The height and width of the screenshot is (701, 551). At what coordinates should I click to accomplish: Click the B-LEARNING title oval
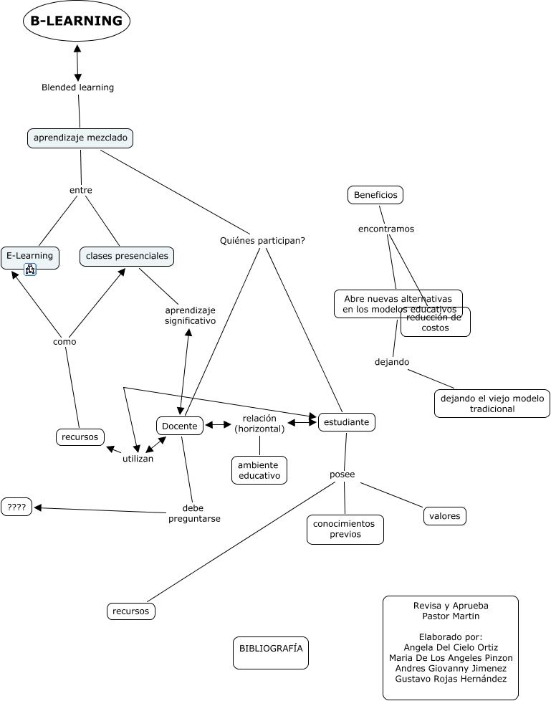coord(77,21)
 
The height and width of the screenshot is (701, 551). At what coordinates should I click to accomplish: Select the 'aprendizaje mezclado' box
coord(80,138)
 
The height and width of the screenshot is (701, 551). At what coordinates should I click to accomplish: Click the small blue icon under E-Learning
coord(30,269)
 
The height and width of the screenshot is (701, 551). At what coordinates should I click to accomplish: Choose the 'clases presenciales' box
coord(127,256)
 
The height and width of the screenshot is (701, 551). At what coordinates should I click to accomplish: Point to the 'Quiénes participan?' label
coord(262,241)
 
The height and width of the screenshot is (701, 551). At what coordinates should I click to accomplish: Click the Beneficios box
coord(375,195)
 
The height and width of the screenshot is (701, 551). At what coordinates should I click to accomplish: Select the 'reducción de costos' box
coord(435,323)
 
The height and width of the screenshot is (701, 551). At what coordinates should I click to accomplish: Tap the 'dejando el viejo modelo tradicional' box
coord(492,404)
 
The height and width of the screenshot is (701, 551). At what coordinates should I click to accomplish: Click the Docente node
coord(180,426)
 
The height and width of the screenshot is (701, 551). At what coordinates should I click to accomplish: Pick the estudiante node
coord(346,422)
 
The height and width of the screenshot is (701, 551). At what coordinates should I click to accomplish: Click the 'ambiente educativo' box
coord(259,470)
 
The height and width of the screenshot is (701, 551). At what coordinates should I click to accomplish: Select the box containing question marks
coord(16,507)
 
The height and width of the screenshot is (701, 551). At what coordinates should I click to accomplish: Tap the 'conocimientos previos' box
coord(345,529)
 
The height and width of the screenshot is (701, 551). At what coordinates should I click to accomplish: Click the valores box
coord(445,516)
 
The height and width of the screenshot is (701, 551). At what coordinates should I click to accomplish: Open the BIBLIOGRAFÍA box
coord(271,653)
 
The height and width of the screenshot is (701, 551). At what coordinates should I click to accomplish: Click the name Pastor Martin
coord(451,616)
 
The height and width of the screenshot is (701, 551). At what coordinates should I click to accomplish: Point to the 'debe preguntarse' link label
coord(194,513)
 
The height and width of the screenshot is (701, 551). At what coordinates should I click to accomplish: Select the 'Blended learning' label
coord(78,87)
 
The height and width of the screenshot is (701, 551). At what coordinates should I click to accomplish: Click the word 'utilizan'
coord(138,459)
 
